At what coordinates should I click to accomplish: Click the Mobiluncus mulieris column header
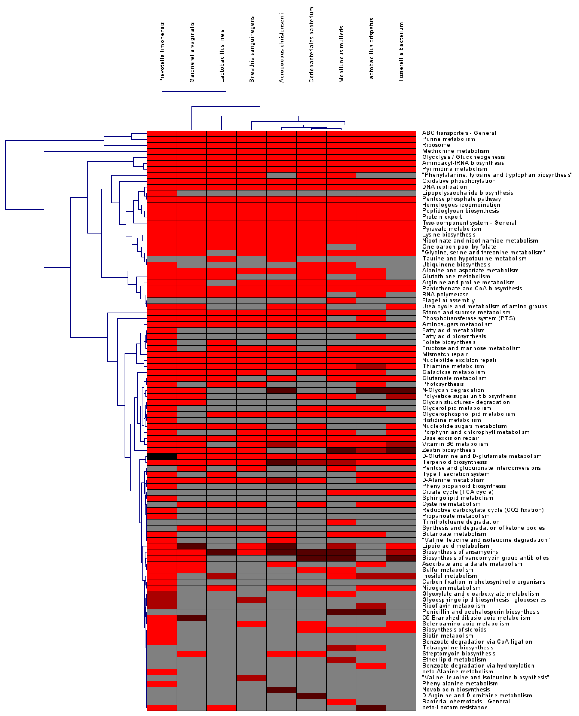[x=341, y=54]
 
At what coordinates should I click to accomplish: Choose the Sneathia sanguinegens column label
[x=252, y=49]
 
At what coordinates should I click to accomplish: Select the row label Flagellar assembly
[x=448, y=300]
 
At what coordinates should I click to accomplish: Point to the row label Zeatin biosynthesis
[x=449, y=450]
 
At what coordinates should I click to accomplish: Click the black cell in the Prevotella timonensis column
[x=162, y=456]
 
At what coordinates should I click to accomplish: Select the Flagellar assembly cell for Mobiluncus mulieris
[x=341, y=300]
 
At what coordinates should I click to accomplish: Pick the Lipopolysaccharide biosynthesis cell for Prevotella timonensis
[x=162, y=193]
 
